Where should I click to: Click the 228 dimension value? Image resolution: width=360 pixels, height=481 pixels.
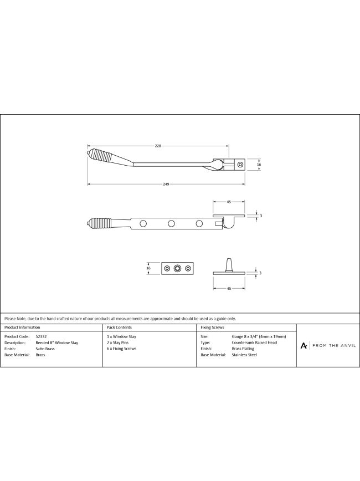pyautogui.click(x=158, y=146)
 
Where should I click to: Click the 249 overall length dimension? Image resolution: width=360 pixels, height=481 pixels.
pyautogui.click(x=166, y=184)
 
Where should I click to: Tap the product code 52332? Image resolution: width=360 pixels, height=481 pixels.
pyautogui.click(x=41, y=336)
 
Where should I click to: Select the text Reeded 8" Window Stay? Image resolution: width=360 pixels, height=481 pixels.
pyautogui.click(x=56, y=342)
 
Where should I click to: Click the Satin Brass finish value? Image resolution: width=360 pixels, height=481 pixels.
pyautogui.click(x=45, y=349)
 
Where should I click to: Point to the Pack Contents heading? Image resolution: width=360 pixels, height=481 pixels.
pyautogui.click(x=119, y=328)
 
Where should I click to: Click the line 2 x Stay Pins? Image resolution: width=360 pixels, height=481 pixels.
pyautogui.click(x=118, y=342)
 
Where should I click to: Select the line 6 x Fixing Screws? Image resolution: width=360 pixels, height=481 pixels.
pyautogui.click(x=121, y=349)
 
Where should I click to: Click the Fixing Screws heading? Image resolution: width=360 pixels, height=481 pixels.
pyautogui.click(x=212, y=328)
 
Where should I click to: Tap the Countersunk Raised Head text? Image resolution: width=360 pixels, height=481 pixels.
pyautogui.click(x=254, y=342)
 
